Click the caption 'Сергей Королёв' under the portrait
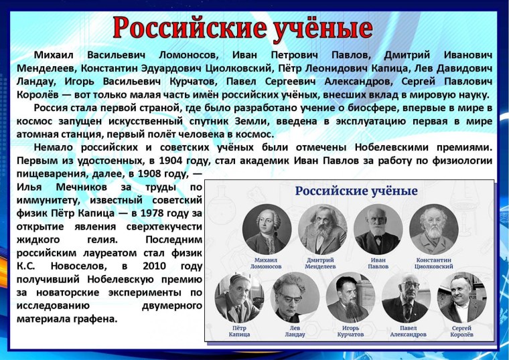click(x=461, y=331)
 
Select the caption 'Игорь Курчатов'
click(x=350, y=331)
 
